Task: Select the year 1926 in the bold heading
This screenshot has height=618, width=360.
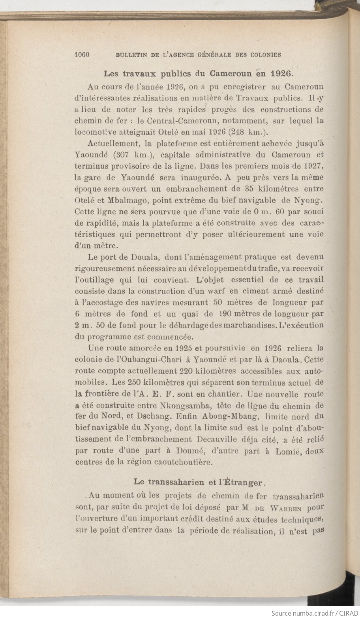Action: pyautogui.click(x=281, y=73)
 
